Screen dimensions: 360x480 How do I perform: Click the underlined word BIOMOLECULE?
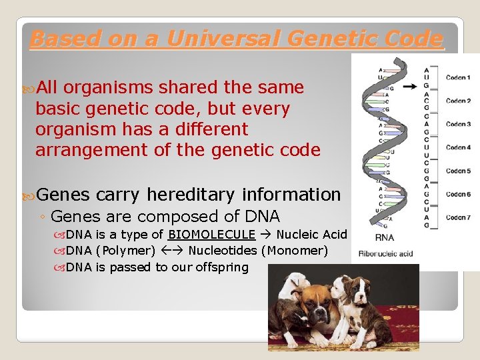[x=211, y=234]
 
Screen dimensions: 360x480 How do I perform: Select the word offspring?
[x=221, y=267]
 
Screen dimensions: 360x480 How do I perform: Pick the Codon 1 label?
[x=458, y=77]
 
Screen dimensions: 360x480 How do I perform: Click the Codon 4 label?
[x=458, y=147]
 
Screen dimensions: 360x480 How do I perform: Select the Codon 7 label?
[x=458, y=217]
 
